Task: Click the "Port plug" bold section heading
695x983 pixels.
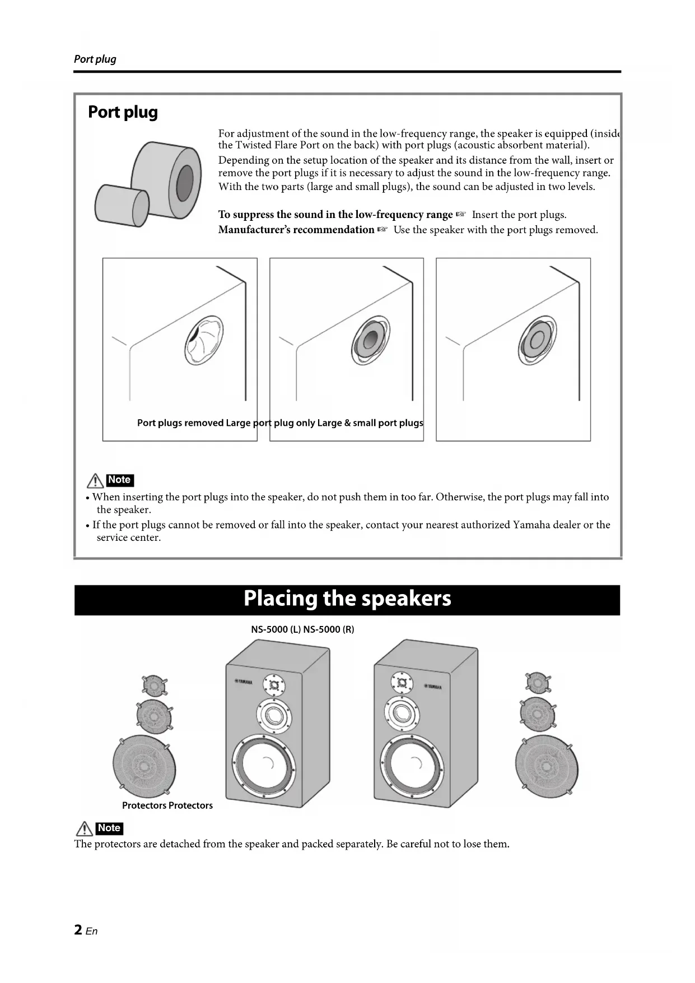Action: tap(123, 112)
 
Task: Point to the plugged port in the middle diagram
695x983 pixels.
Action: tap(369, 341)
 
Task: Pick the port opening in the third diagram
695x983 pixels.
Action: tap(537, 341)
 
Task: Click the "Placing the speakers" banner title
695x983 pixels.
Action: tap(347, 599)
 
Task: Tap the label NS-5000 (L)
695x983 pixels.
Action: tap(276, 629)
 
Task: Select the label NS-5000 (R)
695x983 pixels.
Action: tap(329, 629)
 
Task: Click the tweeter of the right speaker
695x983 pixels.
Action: tap(402, 683)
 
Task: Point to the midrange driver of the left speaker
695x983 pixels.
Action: tap(274, 715)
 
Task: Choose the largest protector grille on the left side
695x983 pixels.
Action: tap(144, 766)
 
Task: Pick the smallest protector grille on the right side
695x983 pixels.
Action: tap(538, 681)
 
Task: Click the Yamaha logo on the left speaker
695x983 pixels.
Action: tap(244, 681)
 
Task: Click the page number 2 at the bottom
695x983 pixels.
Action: tap(78, 930)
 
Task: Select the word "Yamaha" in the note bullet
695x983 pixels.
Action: tap(532, 525)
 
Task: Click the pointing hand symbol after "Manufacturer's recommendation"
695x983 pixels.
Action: tap(383, 230)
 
